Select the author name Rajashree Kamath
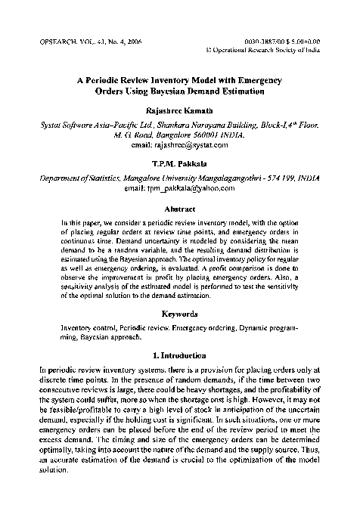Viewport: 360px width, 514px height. coord(179,110)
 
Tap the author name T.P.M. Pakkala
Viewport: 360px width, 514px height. coord(179,163)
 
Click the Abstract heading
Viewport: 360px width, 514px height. coord(179,208)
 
